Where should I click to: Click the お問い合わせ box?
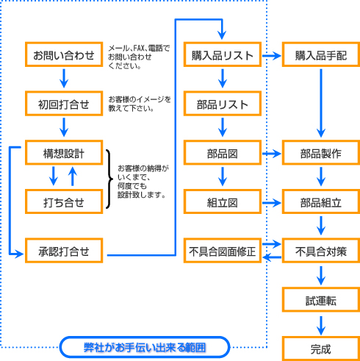pyautogui.click(x=64, y=54)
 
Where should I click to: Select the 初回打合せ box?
pyautogui.click(x=64, y=104)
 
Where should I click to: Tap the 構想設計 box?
pyautogui.click(x=64, y=153)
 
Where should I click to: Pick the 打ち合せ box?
pyautogui.click(x=64, y=201)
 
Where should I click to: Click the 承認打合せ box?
pyautogui.click(x=64, y=251)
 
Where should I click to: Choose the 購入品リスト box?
pyautogui.click(x=223, y=54)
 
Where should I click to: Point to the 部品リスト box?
pyautogui.click(x=223, y=104)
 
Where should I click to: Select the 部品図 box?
pyautogui.click(x=223, y=153)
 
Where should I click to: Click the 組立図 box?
pyautogui.click(x=223, y=201)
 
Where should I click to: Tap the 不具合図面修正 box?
pyautogui.click(x=223, y=251)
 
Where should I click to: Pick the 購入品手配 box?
pyautogui.click(x=321, y=54)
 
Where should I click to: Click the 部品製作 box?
pyautogui.click(x=321, y=153)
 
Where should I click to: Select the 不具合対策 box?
pyautogui.click(x=321, y=251)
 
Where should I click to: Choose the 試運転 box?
pyautogui.click(x=321, y=300)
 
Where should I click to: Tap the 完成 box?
pyautogui.click(x=321, y=349)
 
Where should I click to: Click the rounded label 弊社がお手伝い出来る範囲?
pyautogui.click(x=145, y=347)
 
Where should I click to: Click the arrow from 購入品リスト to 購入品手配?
pyautogui.click(x=271, y=56)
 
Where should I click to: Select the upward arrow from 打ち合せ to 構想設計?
pyautogui.click(x=73, y=176)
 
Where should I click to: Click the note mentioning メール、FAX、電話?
pyautogui.click(x=139, y=57)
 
